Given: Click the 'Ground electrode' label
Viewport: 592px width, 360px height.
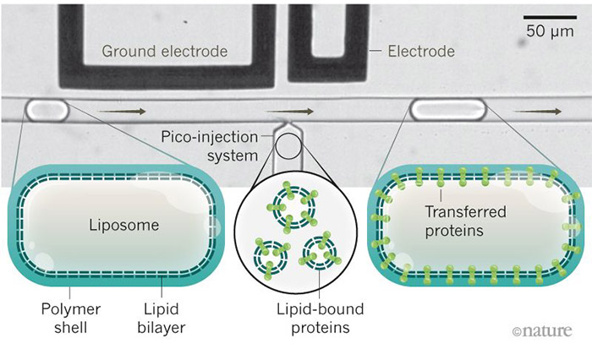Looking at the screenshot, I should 165,52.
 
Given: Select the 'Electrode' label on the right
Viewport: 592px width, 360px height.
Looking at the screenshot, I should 421,52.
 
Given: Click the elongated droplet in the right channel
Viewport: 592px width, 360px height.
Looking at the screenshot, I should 447,108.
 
